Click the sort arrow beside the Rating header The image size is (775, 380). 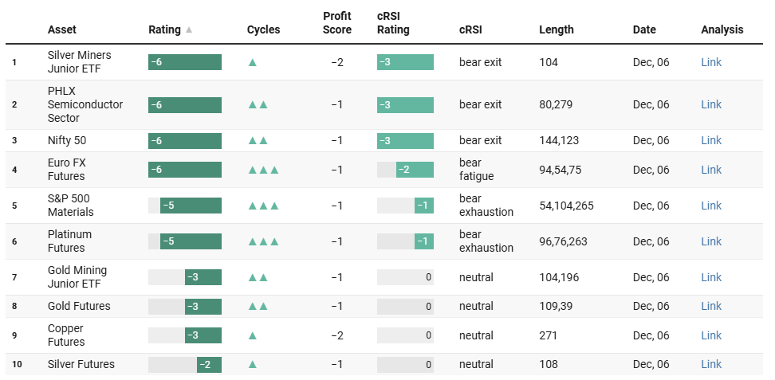[x=189, y=30]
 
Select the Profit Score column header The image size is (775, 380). [x=337, y=23]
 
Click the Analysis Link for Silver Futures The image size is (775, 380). [x=710, y=364]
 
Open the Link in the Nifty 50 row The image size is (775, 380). [x=710, y=140]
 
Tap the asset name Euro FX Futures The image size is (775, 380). [x=67, y=170]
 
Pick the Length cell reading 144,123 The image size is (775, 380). [x=562, y=140]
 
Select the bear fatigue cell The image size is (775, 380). [x=476, y=170]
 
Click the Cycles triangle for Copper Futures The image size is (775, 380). [x=253, y=335]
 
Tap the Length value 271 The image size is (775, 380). [x=549, y=335]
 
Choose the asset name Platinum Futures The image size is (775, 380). [x=69, y=241]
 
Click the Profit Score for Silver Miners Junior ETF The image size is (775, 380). [x=337, y=62]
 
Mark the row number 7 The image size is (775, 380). [x=14, y=277]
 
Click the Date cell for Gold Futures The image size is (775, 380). [x=651, y=306]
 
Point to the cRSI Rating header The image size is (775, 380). [x=393, y=23]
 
